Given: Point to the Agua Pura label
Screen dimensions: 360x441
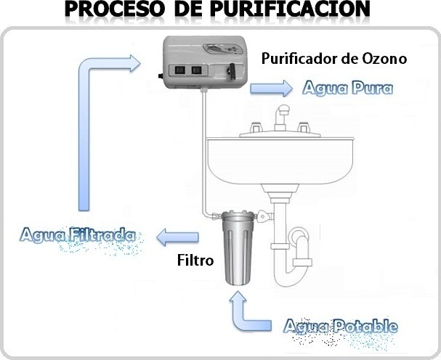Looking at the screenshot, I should pos(347,89).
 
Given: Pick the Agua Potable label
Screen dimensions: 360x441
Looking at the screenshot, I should pos(341,325).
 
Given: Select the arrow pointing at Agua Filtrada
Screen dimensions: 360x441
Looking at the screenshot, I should pos(179,236).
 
